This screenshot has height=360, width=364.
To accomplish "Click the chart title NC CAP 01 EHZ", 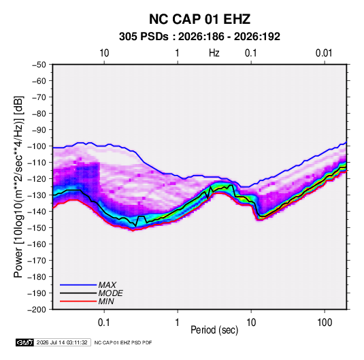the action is tap(199, 19).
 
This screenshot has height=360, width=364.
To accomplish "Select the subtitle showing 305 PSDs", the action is tap(199, 37).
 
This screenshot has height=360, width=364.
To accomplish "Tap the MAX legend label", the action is tap(107, 285).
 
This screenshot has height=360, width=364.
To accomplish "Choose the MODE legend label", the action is tap(110, 293).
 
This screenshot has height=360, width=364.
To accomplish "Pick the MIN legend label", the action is tap(106, 301).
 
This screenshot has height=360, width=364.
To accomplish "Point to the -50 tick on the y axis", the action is tap(39, 65).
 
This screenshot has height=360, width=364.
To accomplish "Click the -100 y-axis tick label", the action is tap(37, 146).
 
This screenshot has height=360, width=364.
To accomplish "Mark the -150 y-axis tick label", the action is tap(37, 228).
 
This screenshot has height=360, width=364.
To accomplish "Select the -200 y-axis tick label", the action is tap(37, 310).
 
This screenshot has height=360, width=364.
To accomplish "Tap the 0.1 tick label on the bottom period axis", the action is tap(104, 323).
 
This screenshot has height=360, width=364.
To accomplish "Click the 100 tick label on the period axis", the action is tap(325, 323).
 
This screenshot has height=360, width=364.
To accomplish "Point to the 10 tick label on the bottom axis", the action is tap(250, 323).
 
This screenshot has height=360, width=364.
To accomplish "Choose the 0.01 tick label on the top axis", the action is tap(324, 53).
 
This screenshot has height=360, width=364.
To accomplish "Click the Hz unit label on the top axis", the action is tap(214, 53).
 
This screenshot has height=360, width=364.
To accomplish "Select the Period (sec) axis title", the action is tap(214, 330).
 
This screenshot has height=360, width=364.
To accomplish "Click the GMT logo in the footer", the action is tap(25, 342).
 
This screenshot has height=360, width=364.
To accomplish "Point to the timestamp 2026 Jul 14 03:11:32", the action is tap(62, 342).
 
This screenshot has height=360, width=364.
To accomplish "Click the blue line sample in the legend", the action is tap(78, 285).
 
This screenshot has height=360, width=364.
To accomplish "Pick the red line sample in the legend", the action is tap(78, 301).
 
